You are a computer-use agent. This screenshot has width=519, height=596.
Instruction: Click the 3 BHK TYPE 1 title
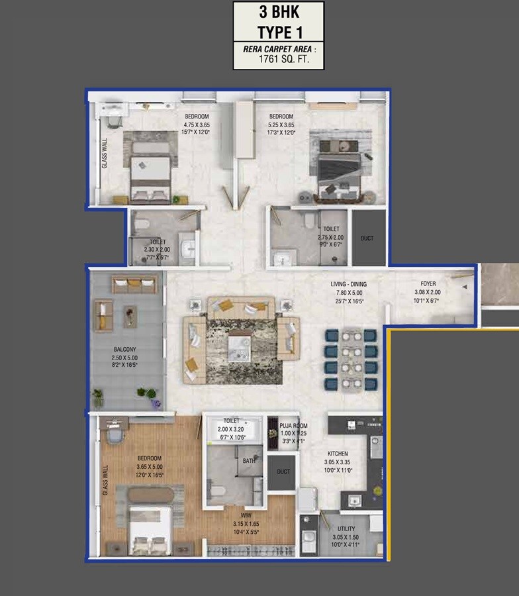tap(278, 23)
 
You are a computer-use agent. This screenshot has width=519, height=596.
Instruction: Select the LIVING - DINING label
tap(349, 285)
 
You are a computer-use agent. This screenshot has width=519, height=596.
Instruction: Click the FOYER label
tap(428, 283)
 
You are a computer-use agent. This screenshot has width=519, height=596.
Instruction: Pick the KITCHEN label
tap(336, 454)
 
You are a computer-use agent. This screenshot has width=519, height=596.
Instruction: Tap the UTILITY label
tap(346, 529)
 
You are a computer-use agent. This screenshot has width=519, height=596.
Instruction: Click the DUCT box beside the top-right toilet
tap(367, 238)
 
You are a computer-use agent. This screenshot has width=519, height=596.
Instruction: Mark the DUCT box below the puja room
tap(283, 472)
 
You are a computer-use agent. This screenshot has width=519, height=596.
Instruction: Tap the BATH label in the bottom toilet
tap(250, 460)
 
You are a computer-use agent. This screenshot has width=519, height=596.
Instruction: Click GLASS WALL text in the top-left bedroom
tap(105, 153)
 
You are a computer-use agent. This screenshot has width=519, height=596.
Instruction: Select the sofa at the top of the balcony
tap(134, 285)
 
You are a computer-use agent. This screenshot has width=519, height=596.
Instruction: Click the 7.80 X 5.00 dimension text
tap(349, 293)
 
